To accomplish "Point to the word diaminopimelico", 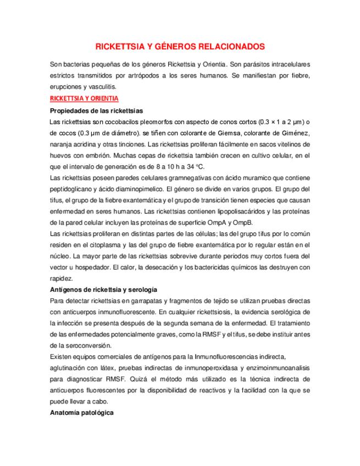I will pos(135,189).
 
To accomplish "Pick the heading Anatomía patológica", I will pos(81,412).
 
